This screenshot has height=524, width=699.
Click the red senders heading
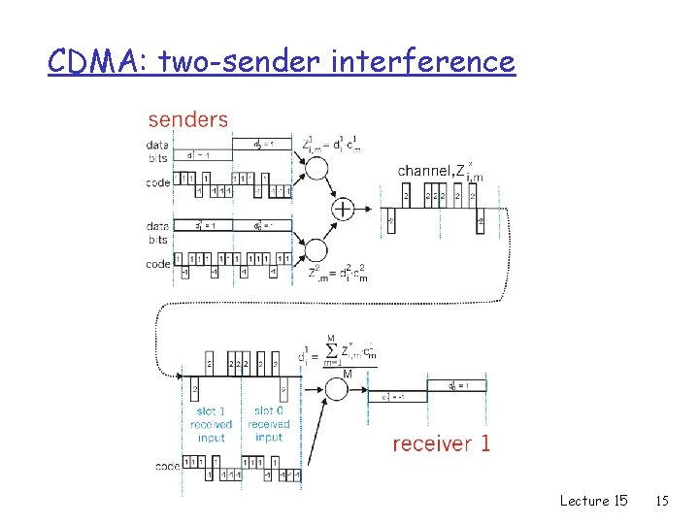coord(187,119)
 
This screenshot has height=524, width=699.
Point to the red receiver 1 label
coord(441,443)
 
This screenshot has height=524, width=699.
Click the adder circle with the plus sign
coord(344,208)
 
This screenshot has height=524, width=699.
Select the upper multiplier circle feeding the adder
coord(316,170)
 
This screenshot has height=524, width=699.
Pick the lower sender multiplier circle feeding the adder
coord(316,249)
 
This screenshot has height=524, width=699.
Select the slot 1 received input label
coord(211,424)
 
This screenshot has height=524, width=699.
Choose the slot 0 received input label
coord(268,424)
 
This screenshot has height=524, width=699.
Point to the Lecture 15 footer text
coord(593,501)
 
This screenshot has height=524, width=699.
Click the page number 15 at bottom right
coord(662,501)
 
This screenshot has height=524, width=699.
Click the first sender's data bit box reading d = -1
coord(202,154)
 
